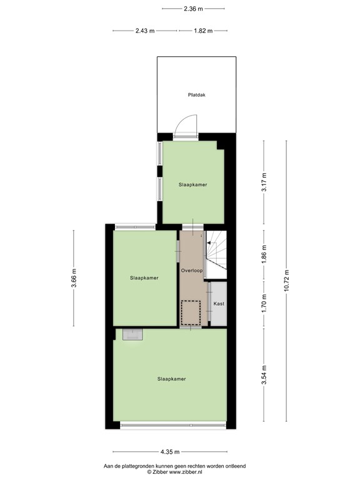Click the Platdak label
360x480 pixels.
(197, 96)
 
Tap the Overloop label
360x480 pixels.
(192, 271)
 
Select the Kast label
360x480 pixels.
(219, 304)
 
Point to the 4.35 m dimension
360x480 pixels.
(169, 452)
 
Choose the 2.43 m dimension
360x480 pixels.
(144, 31)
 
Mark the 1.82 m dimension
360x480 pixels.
(202, 31)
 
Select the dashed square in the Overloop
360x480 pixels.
(191, 312)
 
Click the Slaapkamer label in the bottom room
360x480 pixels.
(171, 379)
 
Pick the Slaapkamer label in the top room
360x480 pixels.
(192, 185)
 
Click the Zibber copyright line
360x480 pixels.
(179, 472)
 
